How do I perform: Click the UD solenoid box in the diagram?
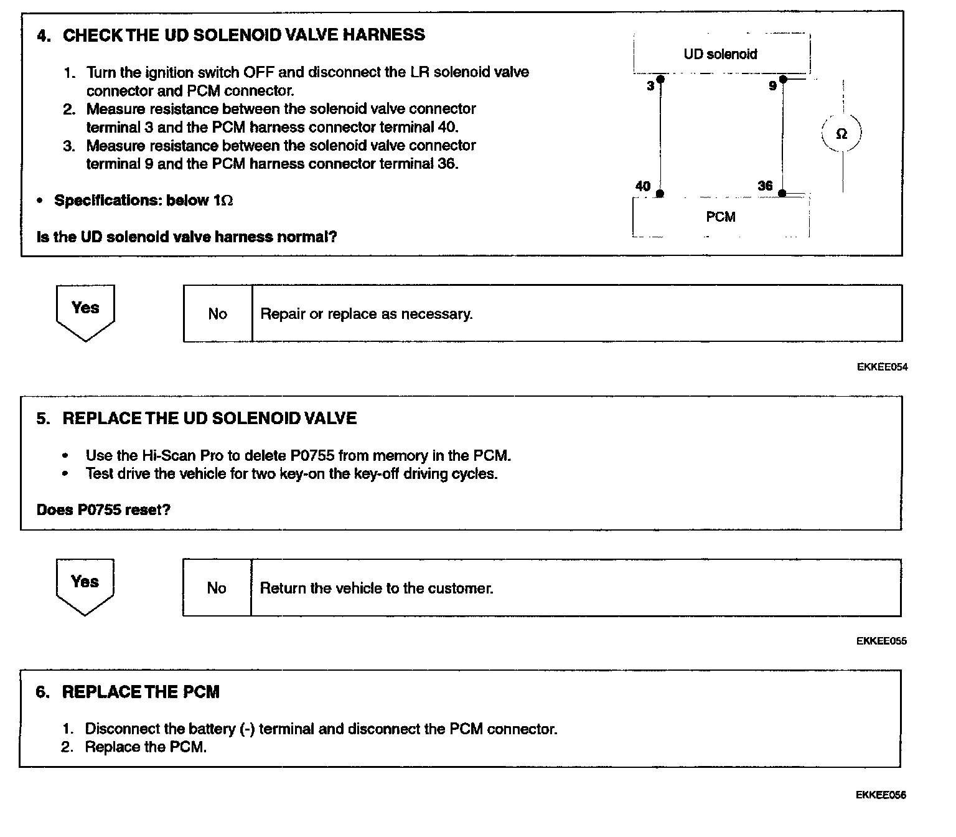pyautogui.click(x=721, y=54)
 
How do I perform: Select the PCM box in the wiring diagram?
pyautogui.click(x=721, y=217)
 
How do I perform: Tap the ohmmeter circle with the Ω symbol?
pyautogui.click(x=841, y=134)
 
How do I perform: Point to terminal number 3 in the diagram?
pyautogui.click(x=650, y=86)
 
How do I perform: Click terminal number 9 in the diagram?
pyautogui.click(x=772, y=86)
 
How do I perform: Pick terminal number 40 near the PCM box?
pyautogui.click(x=643, y=186)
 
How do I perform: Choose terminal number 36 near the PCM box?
pyautogui.click(x=765, y=186)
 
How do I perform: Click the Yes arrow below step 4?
pyautogui.click(x=85, y=311)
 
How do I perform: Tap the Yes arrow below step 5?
pyautogui.click(x=85, y=585)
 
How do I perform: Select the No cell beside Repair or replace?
pyautogui.click(x=217, y=314)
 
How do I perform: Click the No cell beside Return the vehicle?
pyautogui.click(x=217, y=588)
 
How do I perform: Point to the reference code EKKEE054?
pyautogui.click(x=882, y=367)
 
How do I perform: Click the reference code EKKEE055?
pyautogui.click(x=881, y=641)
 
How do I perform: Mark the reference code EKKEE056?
pyautogui.click(x=881, y=795)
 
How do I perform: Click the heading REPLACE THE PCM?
pyautogui.click(x=141, y=692)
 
